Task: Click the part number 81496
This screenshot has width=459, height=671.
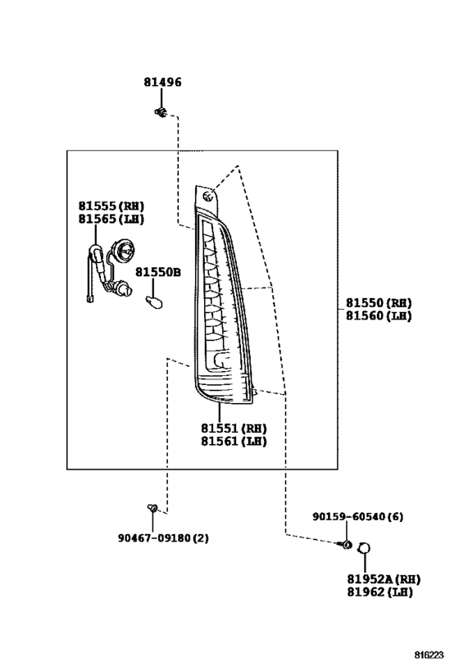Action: coord(162,82)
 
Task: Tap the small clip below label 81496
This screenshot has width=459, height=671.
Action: coord(161,112)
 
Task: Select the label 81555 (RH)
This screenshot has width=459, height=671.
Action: coord(111,206)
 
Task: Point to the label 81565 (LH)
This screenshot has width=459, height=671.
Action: coord(111,219)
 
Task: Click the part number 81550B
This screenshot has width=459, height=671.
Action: coord(158,272)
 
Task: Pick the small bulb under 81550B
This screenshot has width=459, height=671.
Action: coord(154,301)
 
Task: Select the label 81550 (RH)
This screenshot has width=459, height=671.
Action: coord(379,303)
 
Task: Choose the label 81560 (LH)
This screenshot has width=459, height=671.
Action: coord(379,315)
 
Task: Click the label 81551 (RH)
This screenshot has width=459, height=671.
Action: coord(234,428)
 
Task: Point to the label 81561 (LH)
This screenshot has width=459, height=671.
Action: coord(234,441)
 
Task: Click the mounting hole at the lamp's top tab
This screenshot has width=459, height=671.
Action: coord(208,197)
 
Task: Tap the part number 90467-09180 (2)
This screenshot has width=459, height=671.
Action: coord(164,537)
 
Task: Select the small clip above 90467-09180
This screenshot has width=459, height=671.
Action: coord(152,509)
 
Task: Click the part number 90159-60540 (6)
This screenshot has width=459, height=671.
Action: coord(357,516)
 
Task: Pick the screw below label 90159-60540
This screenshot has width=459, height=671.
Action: coord(346,544)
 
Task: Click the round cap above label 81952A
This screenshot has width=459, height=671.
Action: coord(364,548)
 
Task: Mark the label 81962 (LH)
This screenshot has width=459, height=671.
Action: coord(379,592)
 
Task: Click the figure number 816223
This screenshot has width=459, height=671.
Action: coord(429,655)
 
